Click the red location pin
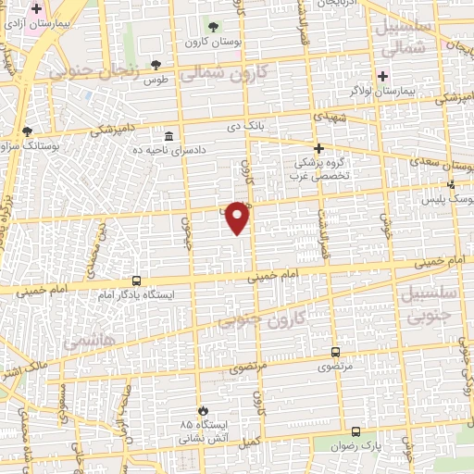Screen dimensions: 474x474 point(238,218)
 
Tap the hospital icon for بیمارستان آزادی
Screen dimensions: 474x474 point(36,7)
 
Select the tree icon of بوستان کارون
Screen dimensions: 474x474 point(214,27)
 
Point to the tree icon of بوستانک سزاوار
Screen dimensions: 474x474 point(27,131)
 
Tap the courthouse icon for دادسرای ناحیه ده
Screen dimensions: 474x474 point(168,135)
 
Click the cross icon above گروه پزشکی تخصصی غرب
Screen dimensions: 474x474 point(318,148)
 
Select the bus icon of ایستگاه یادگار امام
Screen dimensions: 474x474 point(136,281)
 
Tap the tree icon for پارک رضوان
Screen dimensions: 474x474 point(356,431)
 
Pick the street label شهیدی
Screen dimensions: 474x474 point(328,118)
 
